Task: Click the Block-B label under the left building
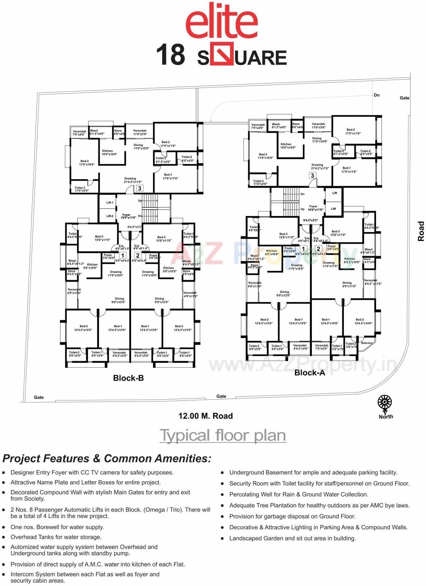[x=128, y=378]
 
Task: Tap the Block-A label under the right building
[x=310, y=372]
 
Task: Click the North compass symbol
[x=385, y=402]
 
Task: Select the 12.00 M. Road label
[x=205, y=416]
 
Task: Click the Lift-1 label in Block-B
[x=110, y=202]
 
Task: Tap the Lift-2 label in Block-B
[x=110, y=216]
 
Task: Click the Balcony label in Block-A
[x=367, y=343]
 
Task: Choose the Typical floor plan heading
[x=223, y=435]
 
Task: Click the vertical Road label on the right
[x=421, y=231]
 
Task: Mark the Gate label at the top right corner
[x=404, y=98]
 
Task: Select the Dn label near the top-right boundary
[x=376, y=95]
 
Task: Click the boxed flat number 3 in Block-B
[x=140, y=189]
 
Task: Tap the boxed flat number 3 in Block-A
[x=312, y=175]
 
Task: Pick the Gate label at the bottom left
[x=39, y=397]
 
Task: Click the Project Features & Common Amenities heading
[x=107, y=459]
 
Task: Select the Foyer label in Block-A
[x=313, y=206]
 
